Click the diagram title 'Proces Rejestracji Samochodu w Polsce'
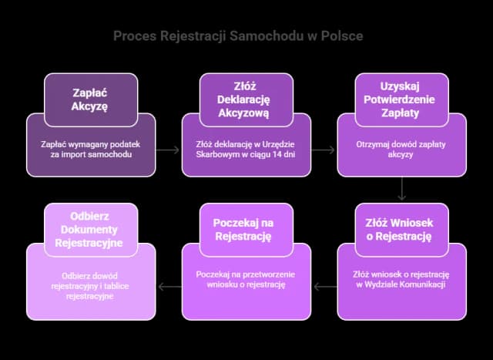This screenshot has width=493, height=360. [x=238, y=36]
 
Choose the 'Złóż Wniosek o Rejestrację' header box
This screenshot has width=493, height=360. [x=401, y=229]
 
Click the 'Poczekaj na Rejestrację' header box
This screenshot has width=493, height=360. [x=247, y=229]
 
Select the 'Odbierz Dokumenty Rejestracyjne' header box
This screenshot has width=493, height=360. [x=92, y=229]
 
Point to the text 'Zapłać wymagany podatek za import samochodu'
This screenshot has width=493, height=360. [x=92, y=149]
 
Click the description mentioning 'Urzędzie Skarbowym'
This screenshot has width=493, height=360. [x=247, y=149]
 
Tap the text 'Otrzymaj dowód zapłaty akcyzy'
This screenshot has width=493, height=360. [x=401, y=149]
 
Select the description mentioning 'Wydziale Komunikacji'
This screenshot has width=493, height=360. [x=401, y=280]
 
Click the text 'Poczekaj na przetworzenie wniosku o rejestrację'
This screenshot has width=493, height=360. [x=247, y=280]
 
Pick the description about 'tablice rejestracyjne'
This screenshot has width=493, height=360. [x=92, y=285]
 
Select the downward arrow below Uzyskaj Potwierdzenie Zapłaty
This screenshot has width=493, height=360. [x=402, y=190]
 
